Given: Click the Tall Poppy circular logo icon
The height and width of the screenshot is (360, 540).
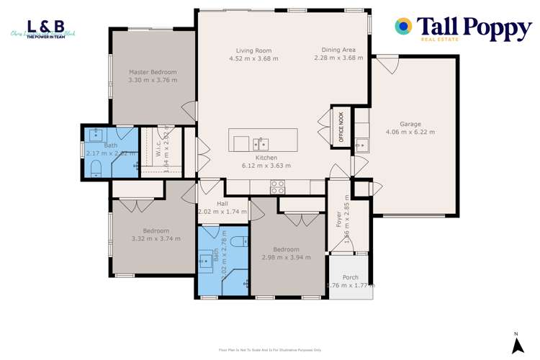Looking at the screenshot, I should pyautogui.click(x=404, y=26).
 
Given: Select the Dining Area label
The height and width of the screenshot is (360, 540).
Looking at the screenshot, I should pyautogui.click(x=338, y=50).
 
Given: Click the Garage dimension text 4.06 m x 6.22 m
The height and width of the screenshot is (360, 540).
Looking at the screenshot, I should pyautogui.click(x=410, y=132).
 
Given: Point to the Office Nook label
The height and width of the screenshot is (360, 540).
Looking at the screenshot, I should pyautogui.click(x=341, y=127).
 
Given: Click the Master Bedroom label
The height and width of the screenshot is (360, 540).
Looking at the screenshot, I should pyautogui.click(x=153, y=72).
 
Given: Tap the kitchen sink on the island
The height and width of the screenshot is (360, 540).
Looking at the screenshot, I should pyautogui.click(x=259, y=142).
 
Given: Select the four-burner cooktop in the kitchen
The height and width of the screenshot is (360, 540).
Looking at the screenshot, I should pyautogui.click(x=277, y=186).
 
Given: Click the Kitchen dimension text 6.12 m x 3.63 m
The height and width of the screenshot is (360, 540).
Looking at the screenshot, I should pyautogui.click(x=266, y=166).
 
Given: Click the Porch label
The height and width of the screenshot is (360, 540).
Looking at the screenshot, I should pyautogui.click(x=350, y=277).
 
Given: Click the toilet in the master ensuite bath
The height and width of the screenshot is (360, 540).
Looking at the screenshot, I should pyautogui.click(x=96, y=168).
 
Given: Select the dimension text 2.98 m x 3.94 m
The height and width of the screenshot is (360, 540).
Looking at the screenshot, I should pyautogui.click(x=286, y=257).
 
